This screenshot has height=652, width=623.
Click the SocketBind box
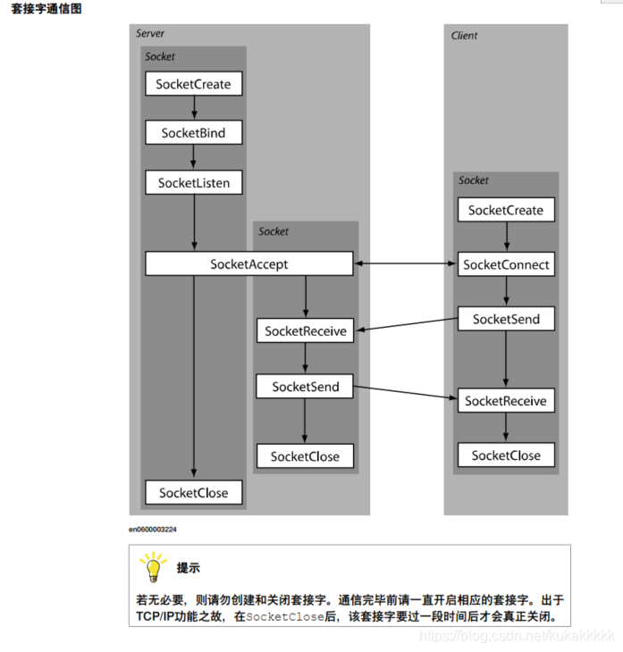click(x=193, y=133)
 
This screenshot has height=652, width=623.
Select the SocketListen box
click(x=193, y=183)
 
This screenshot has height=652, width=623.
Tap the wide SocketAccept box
click(x=248, y=263)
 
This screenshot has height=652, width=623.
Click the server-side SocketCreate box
click(x=193, y=84)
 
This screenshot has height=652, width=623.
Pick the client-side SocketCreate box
click(x=505, y=210)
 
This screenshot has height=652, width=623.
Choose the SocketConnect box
click(x=505, y=264)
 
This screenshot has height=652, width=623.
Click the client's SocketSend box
click(x=505, y=319)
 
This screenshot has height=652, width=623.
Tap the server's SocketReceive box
click(x=305, y=330)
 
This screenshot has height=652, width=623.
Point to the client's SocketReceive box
click(x=505, y=401)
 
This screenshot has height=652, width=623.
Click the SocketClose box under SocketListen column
click(x=193, y=492)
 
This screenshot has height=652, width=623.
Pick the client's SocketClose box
click(x=505, y=455)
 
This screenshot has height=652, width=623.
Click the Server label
click(x=150, y=34)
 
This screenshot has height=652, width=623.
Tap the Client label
click(x=465, y=36)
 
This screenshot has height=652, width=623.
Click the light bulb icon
click(x=153, y=566)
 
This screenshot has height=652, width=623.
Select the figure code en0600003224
click(x=153, y=530)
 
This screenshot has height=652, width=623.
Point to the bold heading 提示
click(x=188, y=568)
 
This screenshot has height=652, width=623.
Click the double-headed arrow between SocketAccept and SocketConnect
click(x=405, y=263)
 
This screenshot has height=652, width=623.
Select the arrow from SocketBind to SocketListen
click(x=193, y=158)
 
